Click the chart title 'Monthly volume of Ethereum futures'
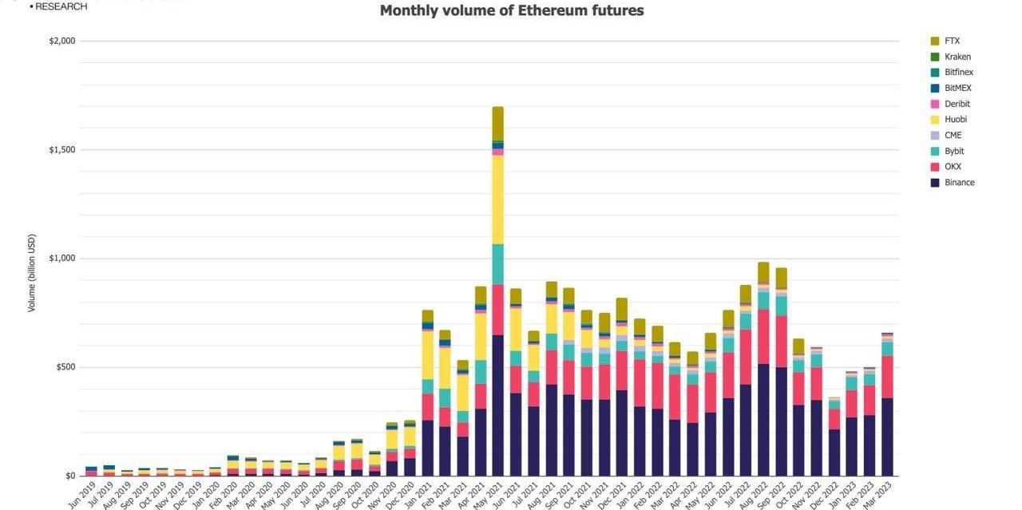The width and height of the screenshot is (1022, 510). click(x=512, y=10)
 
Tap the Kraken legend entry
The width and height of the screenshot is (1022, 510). click(x=957, y=57)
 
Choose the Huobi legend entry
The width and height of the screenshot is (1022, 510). click(x=955, y=120)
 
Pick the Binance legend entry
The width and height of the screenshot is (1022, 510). click(x=959, y=183)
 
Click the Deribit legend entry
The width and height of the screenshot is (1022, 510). click(x=957, y=104)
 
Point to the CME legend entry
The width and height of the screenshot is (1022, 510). click(x=953, y=135)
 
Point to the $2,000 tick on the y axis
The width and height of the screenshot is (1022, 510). click(x=62, y=42)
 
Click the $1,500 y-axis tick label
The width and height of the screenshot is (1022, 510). click(x=62, y=150)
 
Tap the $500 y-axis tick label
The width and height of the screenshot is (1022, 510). click(x=65, y=367)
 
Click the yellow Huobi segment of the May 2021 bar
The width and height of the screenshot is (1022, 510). click(x=497, y=200)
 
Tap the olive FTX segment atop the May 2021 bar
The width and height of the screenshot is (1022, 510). click(x=497, y=124)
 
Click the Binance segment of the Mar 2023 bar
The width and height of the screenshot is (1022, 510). click(x=887, y=437)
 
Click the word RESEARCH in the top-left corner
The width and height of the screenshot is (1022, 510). click(x=61, y=6)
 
